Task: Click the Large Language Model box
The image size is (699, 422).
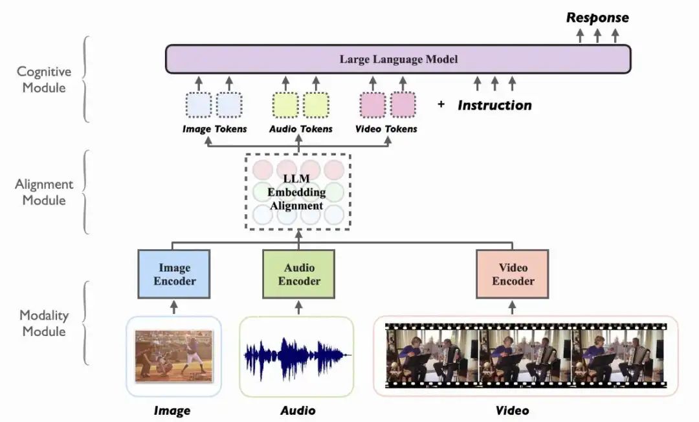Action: coord(398,60)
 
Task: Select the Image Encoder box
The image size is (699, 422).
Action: coord(173,274)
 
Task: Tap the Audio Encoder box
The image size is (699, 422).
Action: coord(298,274)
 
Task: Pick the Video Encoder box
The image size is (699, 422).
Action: coord(513,274)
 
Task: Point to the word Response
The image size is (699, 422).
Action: coord(597,17)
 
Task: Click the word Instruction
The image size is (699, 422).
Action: coord(494,105)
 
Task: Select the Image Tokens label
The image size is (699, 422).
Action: coord(214,129)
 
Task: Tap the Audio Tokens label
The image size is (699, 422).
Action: coord(300,129)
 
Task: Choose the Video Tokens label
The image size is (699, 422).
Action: coord(386,129)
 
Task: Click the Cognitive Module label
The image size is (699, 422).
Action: coord(44,79)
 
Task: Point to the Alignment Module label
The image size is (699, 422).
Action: coord(44,192)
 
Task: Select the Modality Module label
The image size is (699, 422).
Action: coord(43,323)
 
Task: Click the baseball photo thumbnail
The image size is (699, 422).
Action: coord(173,355)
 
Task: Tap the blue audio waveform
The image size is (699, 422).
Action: coord(297,355)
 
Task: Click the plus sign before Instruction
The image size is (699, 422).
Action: coord(441,104)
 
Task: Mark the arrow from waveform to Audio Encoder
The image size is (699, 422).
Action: coord(298,307)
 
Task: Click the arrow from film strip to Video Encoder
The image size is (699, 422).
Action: coord(513,307)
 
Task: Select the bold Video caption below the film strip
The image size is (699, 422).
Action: coord(512,410)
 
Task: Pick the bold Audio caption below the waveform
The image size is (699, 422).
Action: coord(298,410)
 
